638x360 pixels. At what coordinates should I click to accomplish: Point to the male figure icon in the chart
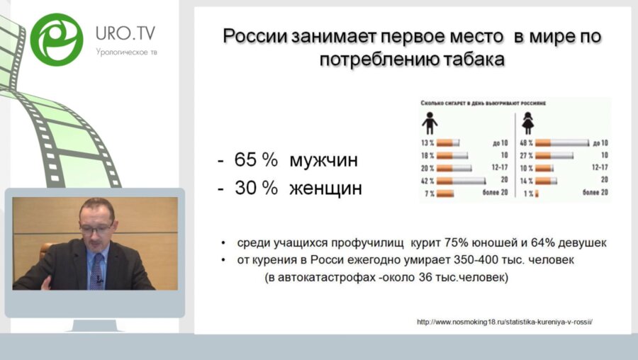[430, 124]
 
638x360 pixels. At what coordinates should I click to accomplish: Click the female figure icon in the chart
[528, 124]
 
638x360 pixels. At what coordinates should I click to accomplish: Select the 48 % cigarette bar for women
[561, 143]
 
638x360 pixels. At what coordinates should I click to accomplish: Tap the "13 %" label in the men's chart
[427, 143]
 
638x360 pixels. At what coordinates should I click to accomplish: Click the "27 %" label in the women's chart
[525, 155]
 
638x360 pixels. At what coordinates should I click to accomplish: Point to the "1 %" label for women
[527, 193]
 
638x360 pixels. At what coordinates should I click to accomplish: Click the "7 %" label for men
[428, 193]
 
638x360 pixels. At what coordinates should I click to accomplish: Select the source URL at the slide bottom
[504, 322]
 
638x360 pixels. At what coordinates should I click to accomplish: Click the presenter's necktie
[97, 270]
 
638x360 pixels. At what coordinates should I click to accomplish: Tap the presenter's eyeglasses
[96, 229]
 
